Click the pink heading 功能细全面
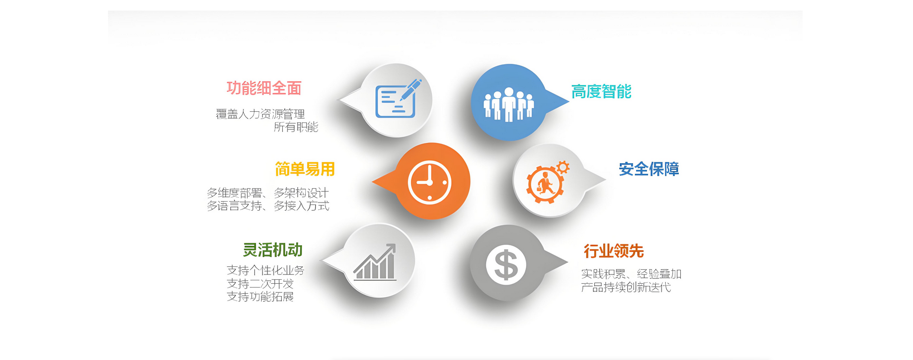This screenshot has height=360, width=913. tap(264, 88)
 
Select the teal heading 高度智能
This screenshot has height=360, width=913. tap(601, 92)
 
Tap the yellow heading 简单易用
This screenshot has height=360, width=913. tap(305, 169)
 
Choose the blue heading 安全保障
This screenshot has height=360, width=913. tap(649, 169)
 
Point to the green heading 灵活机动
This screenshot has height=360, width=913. tap(273, 250)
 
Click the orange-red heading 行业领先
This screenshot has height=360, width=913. tap(614, 251)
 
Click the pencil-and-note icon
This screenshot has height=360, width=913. tap(398, 99)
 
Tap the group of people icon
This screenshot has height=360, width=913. tap(509, 104)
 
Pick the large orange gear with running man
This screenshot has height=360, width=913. tap(545, 185)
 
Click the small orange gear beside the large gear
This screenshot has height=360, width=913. tap(563, 167)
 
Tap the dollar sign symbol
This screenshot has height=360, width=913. tap(506, 265)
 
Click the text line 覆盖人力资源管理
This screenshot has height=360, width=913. tap(260, 114)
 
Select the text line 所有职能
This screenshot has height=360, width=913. tap(296, 127)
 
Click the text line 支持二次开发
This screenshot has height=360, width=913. tap(260, 284)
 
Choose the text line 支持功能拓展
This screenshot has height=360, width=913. tap(260, 297)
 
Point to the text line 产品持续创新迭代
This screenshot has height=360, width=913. tap(626, 287)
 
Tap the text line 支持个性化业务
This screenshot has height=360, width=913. tap(265, 271)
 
